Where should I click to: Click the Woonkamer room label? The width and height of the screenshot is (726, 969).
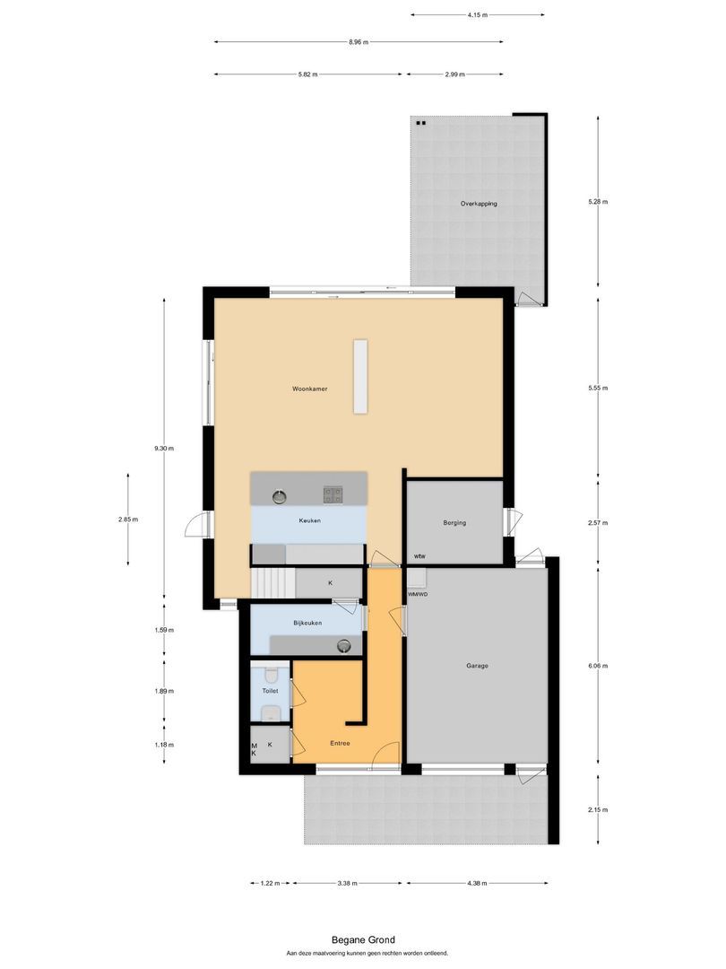coord(309,389)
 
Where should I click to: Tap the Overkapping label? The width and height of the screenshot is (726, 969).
coord(479,204)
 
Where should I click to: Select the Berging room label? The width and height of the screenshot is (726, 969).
coord(454,522)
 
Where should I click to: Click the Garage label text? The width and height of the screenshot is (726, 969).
coord(477,666)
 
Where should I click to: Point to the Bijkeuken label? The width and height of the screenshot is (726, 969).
coord(307,622)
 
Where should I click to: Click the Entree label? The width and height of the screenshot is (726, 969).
coord(340,743)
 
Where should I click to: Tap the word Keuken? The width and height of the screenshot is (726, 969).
coord(309,520)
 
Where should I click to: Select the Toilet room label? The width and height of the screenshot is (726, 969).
coord(270,692)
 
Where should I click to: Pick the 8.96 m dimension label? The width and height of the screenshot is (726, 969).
coord(359,41)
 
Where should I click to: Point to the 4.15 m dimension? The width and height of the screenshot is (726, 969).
coord(478,14)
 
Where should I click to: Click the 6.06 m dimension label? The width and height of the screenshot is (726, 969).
coord(599,666)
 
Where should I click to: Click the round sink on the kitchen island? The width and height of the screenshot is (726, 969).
coord(278,493)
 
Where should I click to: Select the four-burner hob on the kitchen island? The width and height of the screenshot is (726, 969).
coord(333,493)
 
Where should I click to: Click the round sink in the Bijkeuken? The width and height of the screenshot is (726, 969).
coord(344,645)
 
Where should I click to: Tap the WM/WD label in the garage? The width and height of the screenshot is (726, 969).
coord(418,594)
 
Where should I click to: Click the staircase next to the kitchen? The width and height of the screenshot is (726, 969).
coord(272,583)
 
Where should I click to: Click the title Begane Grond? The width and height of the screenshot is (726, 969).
coord(362,940)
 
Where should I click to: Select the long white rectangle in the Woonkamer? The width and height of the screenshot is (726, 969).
coord(360,376)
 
